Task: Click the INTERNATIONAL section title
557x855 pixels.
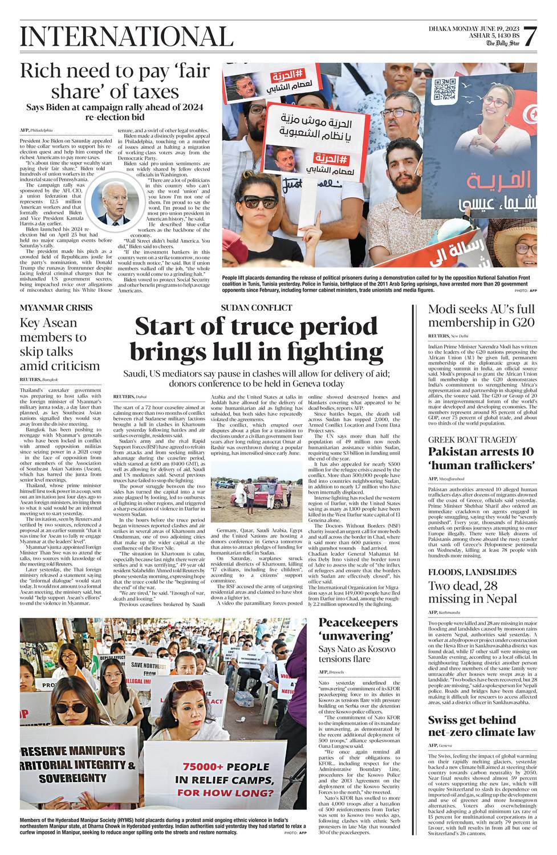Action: tap(127, 36)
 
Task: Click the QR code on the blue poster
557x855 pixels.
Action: tap(445, 89)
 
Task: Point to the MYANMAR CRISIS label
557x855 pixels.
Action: tap(56, 308)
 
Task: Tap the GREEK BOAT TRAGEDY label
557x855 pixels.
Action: tap(473, 439)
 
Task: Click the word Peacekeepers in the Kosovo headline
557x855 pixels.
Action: tap(357, 622)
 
